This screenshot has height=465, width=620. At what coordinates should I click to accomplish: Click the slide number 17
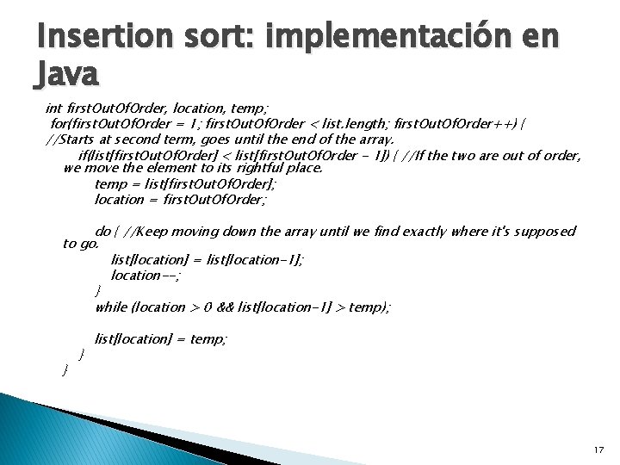598,450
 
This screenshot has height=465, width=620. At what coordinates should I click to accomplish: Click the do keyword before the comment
102,231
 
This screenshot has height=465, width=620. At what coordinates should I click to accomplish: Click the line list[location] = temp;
161,338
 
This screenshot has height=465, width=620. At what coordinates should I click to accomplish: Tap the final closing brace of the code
65,369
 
